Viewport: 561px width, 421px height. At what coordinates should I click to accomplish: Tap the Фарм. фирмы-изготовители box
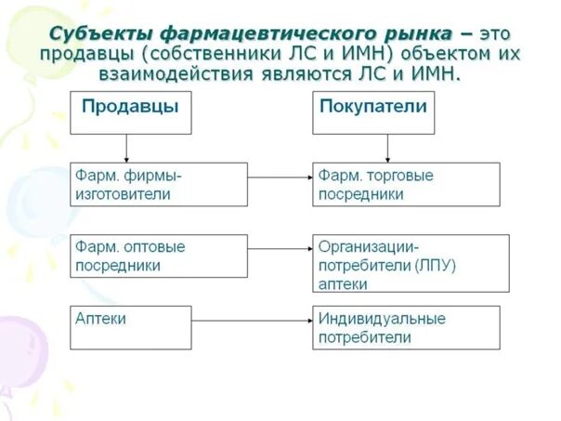pyautogui.click(x=159, y=184)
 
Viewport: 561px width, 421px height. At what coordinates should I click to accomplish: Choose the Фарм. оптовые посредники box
pyautogui.click(x=159, y=257)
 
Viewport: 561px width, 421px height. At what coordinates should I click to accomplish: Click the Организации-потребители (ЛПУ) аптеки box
pyautogui.click(x=410, y=263)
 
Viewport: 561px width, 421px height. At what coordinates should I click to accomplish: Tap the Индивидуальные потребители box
pyautogui.click(x=405, y=327)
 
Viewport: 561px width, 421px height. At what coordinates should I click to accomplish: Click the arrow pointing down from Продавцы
pyautogui.click(x=126, y=149)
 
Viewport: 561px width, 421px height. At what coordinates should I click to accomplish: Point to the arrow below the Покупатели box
pyautogui.click(x=387, y=149)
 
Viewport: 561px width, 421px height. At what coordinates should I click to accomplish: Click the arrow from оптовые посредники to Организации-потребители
pyautogui.click(x=280, y=248)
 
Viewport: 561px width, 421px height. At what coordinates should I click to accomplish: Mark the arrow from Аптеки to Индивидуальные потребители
pyautogui.click(x=252, y=320)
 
